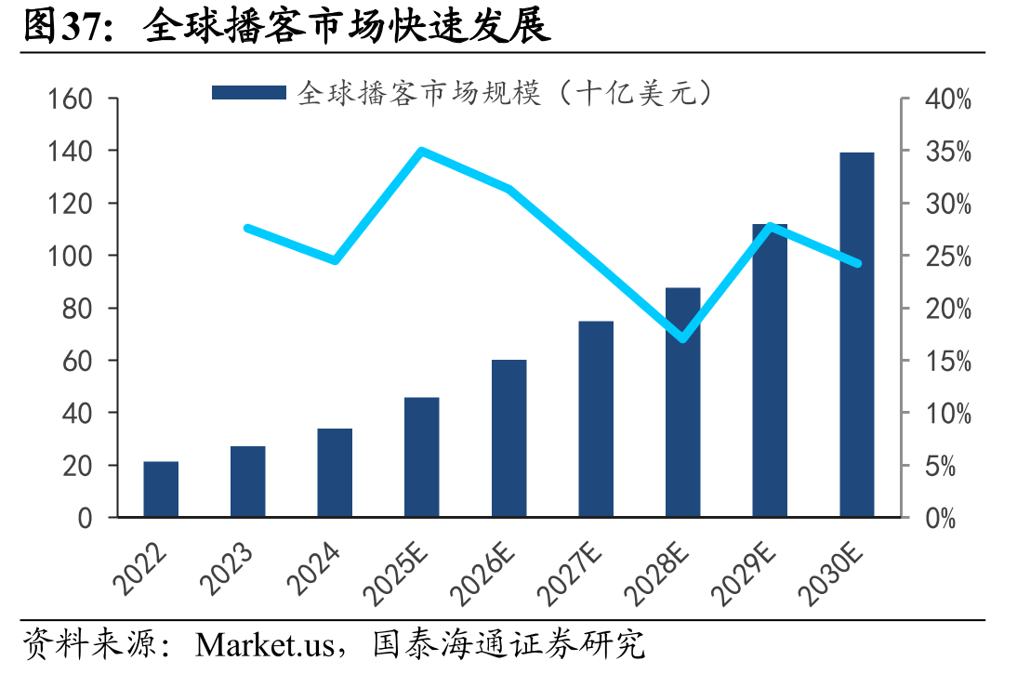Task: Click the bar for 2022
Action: tap(161, 489)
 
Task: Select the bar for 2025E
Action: tap(422, 456)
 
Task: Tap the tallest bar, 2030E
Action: tap(856, 335)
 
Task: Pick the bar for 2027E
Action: tap(596, 418)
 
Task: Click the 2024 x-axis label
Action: tap(314, 569)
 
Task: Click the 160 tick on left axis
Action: tap(70, 99)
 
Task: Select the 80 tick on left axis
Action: tap(77, 308)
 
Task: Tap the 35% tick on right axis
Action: tap(948, 152)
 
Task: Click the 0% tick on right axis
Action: tap(940, 519)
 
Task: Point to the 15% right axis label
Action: tap(948, 361)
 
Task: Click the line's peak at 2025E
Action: tap(422, 152)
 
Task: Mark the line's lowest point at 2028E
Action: tap(683, 338)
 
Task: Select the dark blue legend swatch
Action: tap(249, 93)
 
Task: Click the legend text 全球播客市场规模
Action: tap(419, 93)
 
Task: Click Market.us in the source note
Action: tap(264, 644)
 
